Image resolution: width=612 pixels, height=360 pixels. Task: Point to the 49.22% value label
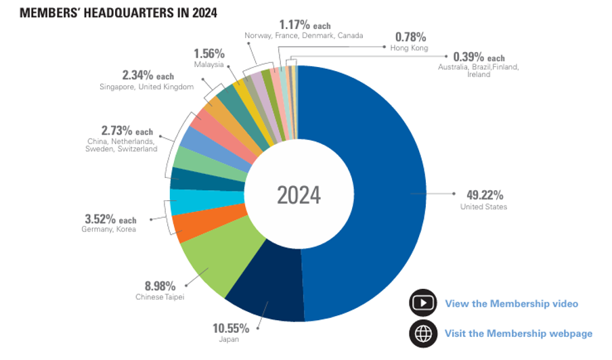click(485, 193)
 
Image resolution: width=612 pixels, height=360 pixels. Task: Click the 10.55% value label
click(231, 328)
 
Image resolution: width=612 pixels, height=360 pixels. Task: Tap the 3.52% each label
click(110, 219)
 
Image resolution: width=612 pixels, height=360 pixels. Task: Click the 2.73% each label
click(127, 131)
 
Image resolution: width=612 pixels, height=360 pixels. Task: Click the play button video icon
click(422, 303)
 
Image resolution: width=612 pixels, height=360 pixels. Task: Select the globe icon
click(422, 333)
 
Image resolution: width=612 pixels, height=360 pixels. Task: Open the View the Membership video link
click(511, 303)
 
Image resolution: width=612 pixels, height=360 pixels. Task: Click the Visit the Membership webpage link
click(518, 333)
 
